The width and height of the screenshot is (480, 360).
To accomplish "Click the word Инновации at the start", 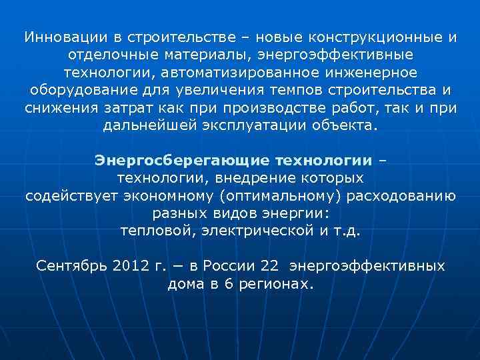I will coord(57,37).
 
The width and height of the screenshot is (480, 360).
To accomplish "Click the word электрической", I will coord(248,230).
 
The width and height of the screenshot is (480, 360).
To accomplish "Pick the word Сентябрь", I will coord(71,266).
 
